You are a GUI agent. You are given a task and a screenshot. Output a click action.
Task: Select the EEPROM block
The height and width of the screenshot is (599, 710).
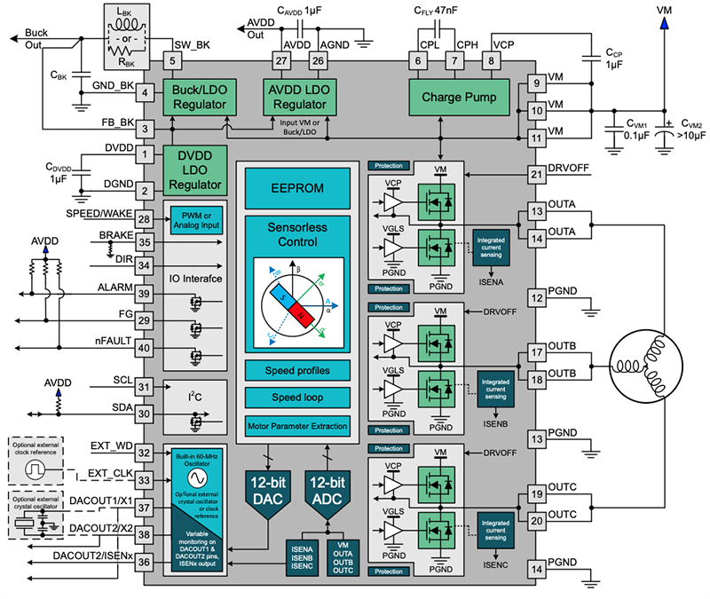[297, 189]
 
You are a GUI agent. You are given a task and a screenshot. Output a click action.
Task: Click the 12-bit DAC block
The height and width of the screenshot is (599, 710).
[266, 491]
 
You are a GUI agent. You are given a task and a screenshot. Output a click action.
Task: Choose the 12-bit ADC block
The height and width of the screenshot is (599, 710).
[327, 491]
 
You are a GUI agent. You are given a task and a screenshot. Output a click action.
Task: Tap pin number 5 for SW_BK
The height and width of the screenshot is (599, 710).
[173, 61]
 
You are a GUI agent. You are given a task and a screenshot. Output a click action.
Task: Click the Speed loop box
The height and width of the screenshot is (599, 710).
[297, 396]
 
